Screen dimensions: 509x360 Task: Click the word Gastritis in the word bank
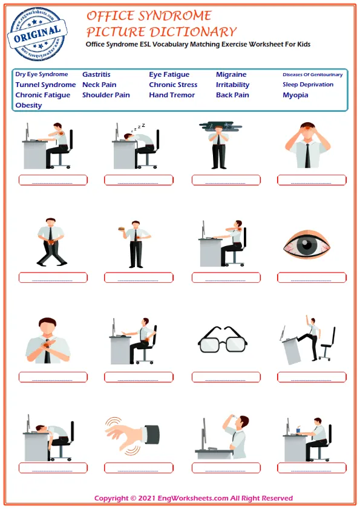(x=96, y=75)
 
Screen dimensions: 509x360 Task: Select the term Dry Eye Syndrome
(x=42, y=74)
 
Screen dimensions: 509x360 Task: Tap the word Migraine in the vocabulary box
(x=231, y=75)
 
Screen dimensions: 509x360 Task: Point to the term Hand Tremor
(x=172, y=95)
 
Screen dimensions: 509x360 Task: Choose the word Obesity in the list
(x=28, y=105)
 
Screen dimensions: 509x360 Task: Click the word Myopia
(x=295, y=95)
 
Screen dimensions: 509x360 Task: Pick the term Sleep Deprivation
(x=308, y=85)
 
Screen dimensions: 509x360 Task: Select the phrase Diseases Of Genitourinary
(x=312, y=75)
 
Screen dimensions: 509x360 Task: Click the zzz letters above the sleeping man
(x=140, y=126)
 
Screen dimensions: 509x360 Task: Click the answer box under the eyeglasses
(x=226, y=377)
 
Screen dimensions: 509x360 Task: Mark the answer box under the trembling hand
(x=139, y=468)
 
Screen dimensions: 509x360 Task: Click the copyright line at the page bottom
(x=194, y=498)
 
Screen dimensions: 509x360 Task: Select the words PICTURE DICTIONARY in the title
(x=161, y=31)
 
